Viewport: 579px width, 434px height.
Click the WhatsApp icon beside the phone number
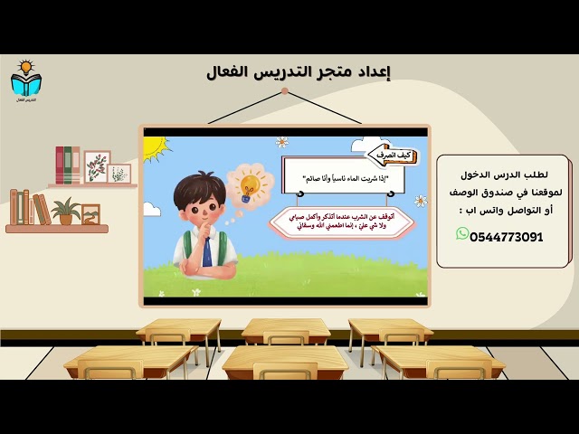click(462, 234)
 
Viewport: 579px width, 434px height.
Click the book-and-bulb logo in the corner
click(25, 80)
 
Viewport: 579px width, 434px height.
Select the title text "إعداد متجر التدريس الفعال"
click(299, 71)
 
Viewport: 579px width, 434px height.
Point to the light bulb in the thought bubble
click(250, 185)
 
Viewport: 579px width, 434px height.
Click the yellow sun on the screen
click(155, 145)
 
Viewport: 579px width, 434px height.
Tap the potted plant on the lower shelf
click(65, 212)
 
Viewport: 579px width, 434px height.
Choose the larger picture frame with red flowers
click(97, 167)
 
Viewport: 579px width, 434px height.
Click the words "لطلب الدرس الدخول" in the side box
click(511, 172)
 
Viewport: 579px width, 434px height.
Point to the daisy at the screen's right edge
click(420, 201)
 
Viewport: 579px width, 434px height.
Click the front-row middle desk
click(285, 361)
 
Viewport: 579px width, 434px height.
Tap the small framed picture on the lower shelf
click(90, 214)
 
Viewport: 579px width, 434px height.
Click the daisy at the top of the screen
click(282, 141)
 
